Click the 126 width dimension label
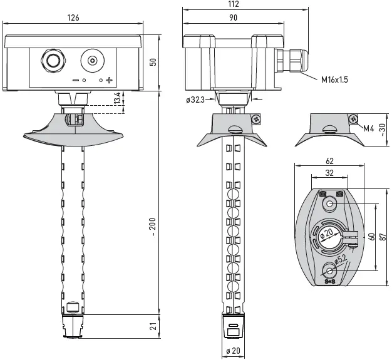[73, 18]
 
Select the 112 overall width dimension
[234, 4]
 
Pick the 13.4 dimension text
[117, 100]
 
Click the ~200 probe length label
[153, 226]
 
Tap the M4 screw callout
[369, 129]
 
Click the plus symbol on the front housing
[109, 80]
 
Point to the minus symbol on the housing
[75, 80]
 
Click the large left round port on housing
[51, 61]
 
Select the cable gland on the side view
[291, 63]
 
